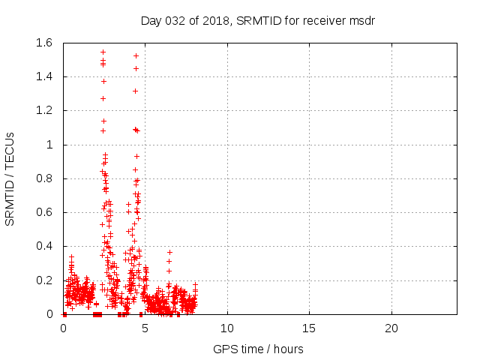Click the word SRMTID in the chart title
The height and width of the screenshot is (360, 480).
click(x=259, y=20)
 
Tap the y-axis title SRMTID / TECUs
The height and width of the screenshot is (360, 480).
click(x=10, y=178)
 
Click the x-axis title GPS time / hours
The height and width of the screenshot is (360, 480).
click(x=258, y=349)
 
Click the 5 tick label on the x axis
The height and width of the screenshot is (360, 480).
click(x=145, y=328)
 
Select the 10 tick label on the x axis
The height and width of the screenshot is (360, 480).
click(x=227, y=328)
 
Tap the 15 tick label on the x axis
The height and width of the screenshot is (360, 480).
click(x=309, y=328)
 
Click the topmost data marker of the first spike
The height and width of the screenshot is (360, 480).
click(x=103, y=52)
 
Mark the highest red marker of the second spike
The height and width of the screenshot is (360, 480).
click(x=136, y=55)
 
